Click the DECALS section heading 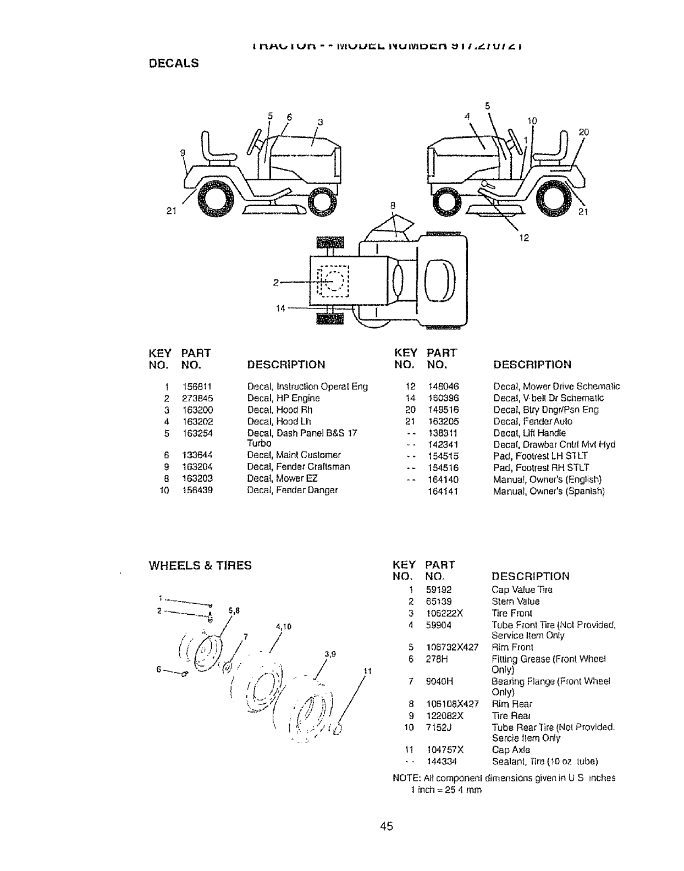[x=174, y=63]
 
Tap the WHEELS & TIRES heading [x=201, y=565]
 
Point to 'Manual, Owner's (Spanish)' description [x=549, y=491]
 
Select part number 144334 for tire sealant [x=442, y=762]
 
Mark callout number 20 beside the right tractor [x=583, y=132]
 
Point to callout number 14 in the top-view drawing [x=280, y=308]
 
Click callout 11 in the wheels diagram [x=368, y=671]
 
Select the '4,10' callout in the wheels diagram [x=283, y=626]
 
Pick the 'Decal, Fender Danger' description [x=293, y=490]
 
